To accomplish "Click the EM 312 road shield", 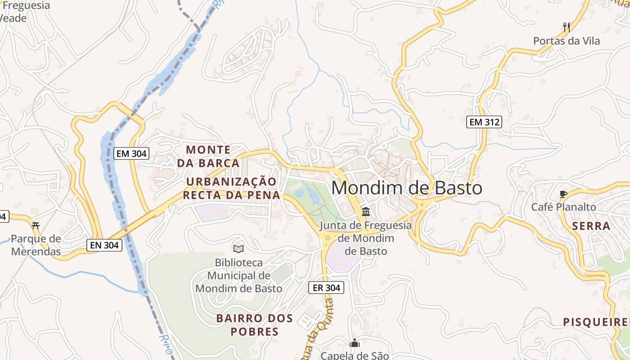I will (484, 122).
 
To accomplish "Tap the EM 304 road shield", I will (131, 153).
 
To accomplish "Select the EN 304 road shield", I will (104, 245).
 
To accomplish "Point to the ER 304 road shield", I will (326, 288).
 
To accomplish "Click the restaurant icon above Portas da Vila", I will (567, 27).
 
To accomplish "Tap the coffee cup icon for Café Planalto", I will (563, 194).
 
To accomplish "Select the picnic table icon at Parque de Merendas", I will (36, 225).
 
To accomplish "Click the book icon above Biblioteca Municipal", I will (238, 249).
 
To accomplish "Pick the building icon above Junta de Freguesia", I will (366, 211).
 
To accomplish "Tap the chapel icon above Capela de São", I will (355, 343).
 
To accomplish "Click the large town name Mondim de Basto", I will (407, 188).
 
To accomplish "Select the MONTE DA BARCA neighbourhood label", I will (208, 156).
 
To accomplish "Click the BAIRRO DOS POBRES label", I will (255, 325).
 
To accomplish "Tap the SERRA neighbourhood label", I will (591, 226).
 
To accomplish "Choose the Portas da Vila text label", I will (567, 41).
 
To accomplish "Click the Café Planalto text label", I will (563, 207).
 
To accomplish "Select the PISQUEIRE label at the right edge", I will (596, 322).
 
